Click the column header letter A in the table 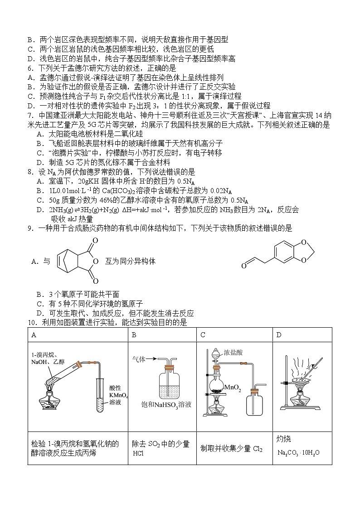34,335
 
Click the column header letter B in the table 134,335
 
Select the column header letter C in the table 203,335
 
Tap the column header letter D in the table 279,335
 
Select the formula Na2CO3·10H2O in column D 299,452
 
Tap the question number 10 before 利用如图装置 31,323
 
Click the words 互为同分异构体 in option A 130,261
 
